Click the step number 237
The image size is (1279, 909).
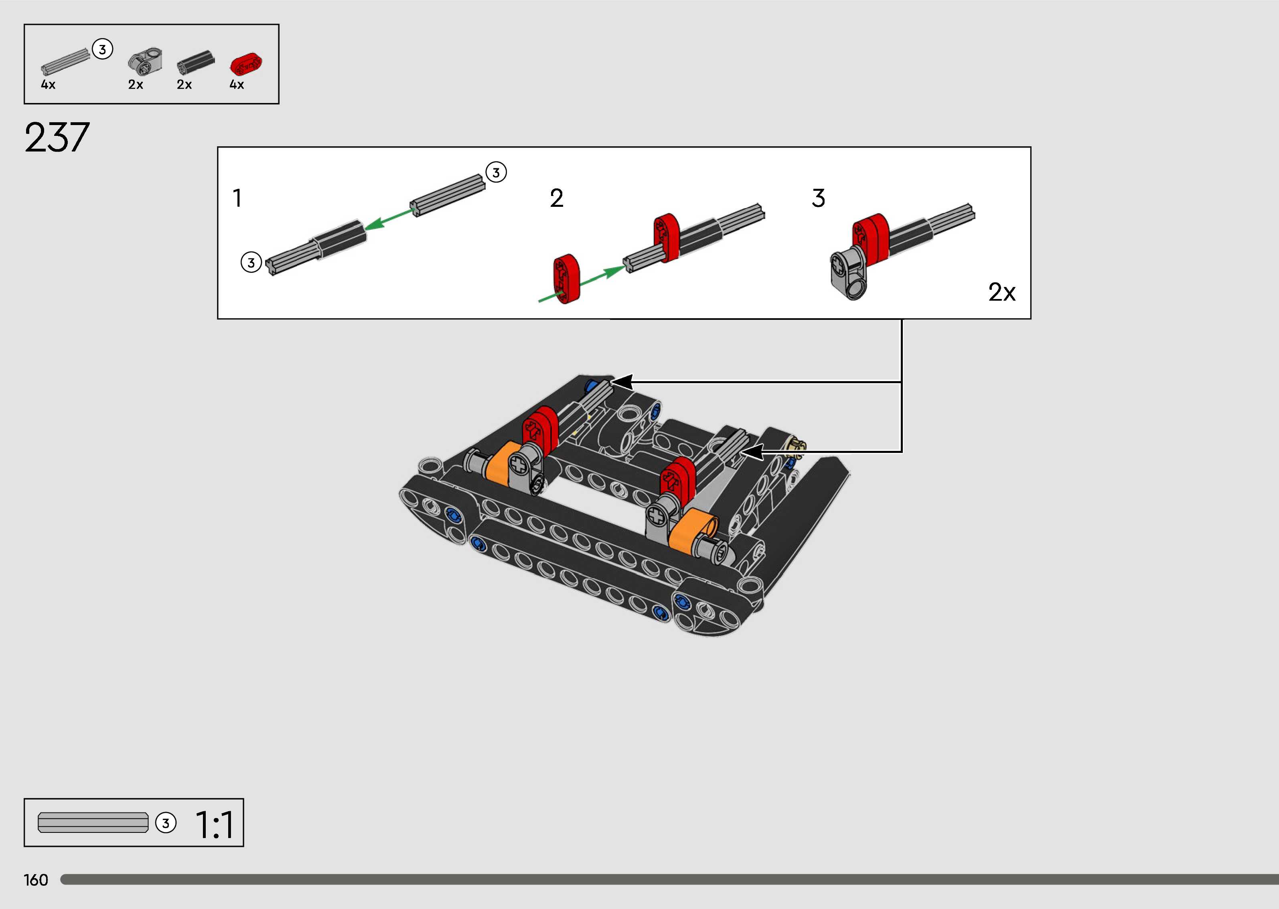[57, 138]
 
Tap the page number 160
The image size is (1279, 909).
[36, 880]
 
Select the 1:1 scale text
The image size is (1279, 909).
[215, 824]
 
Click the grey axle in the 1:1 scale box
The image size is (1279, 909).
[93, 822]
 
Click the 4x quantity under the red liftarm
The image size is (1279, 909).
[237, 85]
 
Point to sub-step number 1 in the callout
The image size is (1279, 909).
[237, 198]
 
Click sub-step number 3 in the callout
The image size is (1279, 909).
[818, 198]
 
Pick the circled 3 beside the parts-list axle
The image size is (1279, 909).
[102, 49]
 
